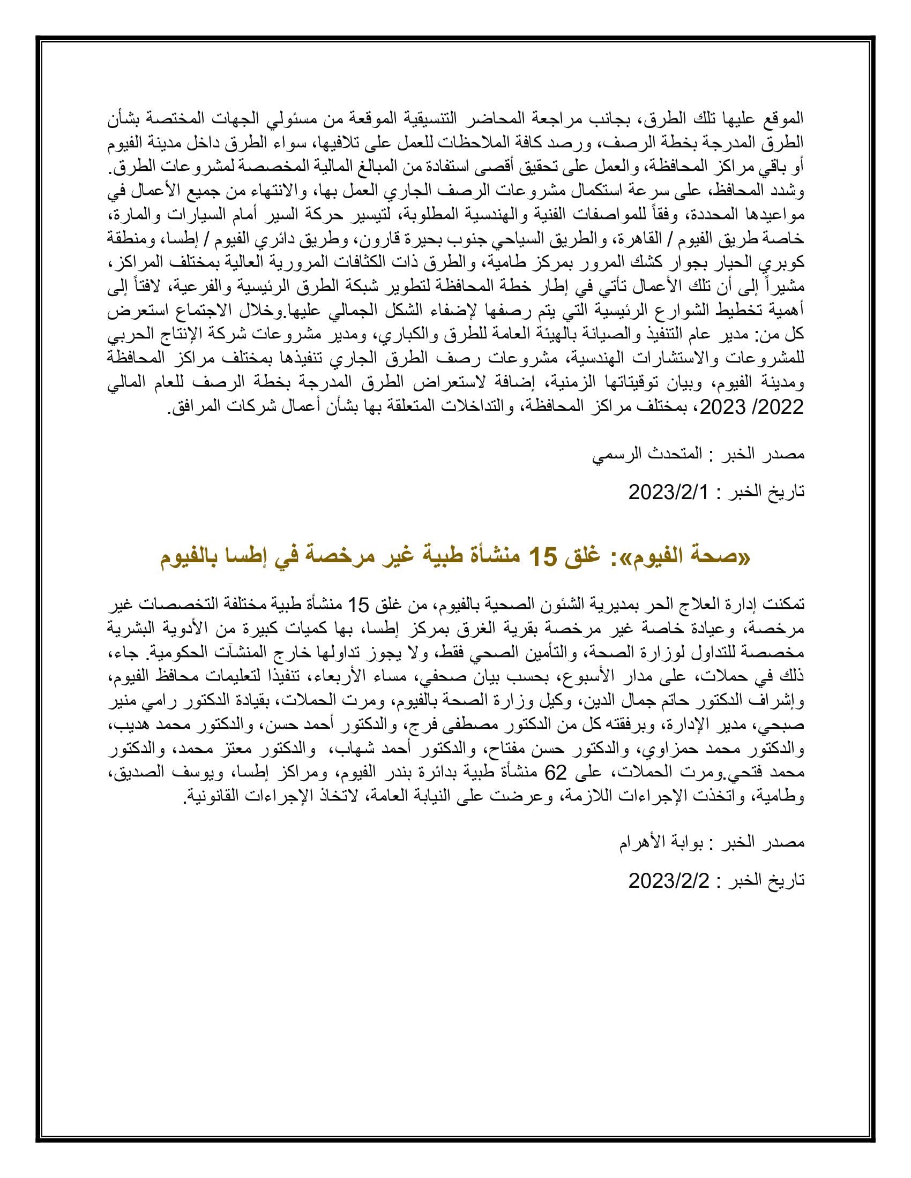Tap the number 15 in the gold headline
click(542, 556)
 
